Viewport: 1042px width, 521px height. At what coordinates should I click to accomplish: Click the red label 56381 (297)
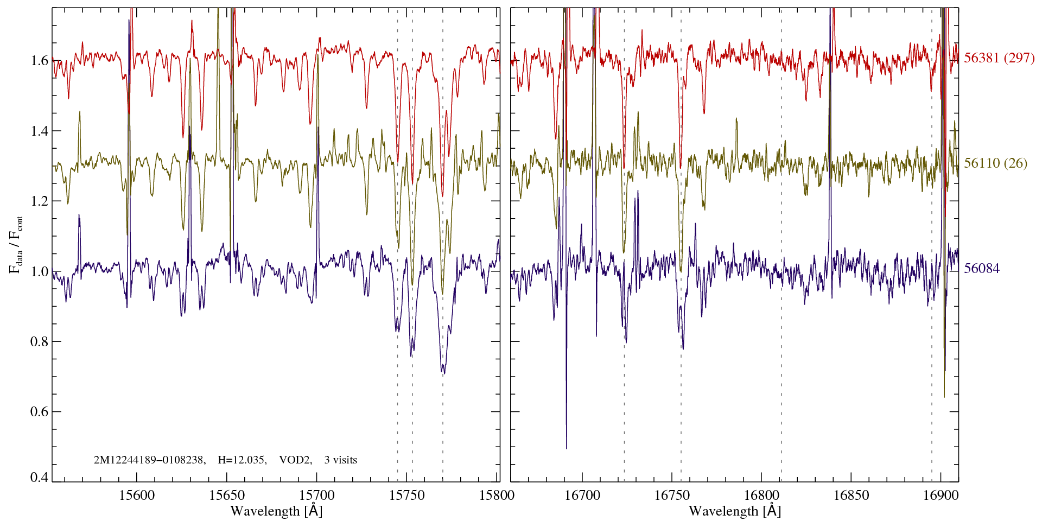[999, 58]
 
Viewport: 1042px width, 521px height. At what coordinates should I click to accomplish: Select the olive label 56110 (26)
[995, 163]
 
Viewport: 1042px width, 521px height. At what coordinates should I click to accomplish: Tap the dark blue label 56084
[982, 269]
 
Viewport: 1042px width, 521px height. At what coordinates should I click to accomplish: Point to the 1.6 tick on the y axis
[40, 60]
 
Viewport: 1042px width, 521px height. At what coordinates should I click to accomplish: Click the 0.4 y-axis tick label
[40, 478]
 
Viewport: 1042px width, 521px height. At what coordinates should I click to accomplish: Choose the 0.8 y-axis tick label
[40, 341]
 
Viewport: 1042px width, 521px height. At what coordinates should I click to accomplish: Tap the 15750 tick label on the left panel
[407, 495]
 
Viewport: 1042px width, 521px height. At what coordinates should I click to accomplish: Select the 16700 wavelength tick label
[582, 495]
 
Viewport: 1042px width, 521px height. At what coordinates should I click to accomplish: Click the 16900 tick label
[940, 495]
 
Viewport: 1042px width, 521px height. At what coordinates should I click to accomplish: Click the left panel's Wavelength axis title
[276, 511]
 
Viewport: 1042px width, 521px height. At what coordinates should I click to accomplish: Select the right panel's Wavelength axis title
[735, 511]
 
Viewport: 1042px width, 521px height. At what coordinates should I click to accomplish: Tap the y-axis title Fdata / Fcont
[16, 244]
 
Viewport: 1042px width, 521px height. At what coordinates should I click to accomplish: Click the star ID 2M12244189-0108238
[149, 460]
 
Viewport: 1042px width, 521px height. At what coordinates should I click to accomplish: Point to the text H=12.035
[242, 460]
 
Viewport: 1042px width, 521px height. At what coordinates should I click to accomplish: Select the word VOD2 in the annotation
[295, 460]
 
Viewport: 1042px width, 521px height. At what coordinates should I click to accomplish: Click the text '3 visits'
[341, 460]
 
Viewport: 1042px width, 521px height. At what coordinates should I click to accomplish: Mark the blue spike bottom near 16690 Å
[567, 448]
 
